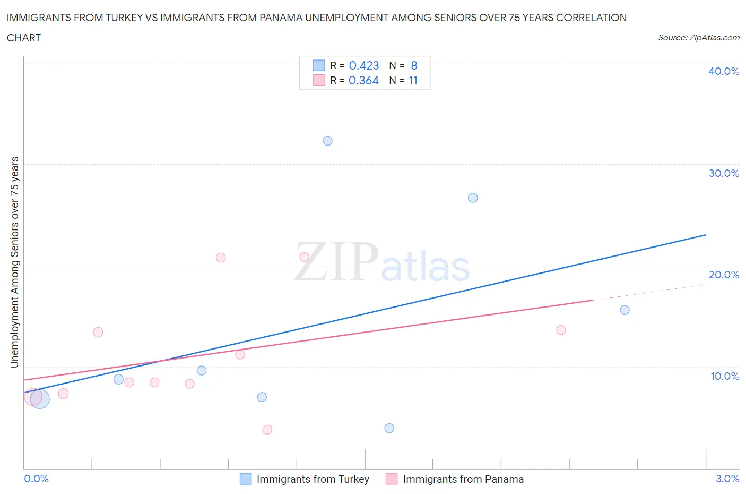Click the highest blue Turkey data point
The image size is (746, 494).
tap(327, 141)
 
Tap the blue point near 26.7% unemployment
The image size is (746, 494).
tap(473, 198)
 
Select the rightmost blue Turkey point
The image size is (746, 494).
tap(624, 310)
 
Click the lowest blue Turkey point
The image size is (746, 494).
tap(389, 428)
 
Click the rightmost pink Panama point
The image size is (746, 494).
tap(561, 330)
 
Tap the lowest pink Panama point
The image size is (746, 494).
tap(267, 429)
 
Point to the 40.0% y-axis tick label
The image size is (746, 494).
tap(724, 71)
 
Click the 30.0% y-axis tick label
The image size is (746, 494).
tap(724, 173)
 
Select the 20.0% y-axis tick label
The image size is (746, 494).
tap(724, 275)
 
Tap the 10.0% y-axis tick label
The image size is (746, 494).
tap(724, 376)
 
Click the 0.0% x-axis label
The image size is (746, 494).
tap(37, 479)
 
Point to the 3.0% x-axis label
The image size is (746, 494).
tap(727, 479)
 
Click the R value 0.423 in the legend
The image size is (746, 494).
tap(364, 65)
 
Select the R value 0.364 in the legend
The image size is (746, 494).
tap(363, 80)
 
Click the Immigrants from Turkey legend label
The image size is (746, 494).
tap(313, 479)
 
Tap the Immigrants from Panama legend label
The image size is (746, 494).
tap(463, 479)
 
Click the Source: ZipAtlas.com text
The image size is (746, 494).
tap(698, 37)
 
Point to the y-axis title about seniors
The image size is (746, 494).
tap(14, 262)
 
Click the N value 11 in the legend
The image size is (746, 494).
tap(413, 80)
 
